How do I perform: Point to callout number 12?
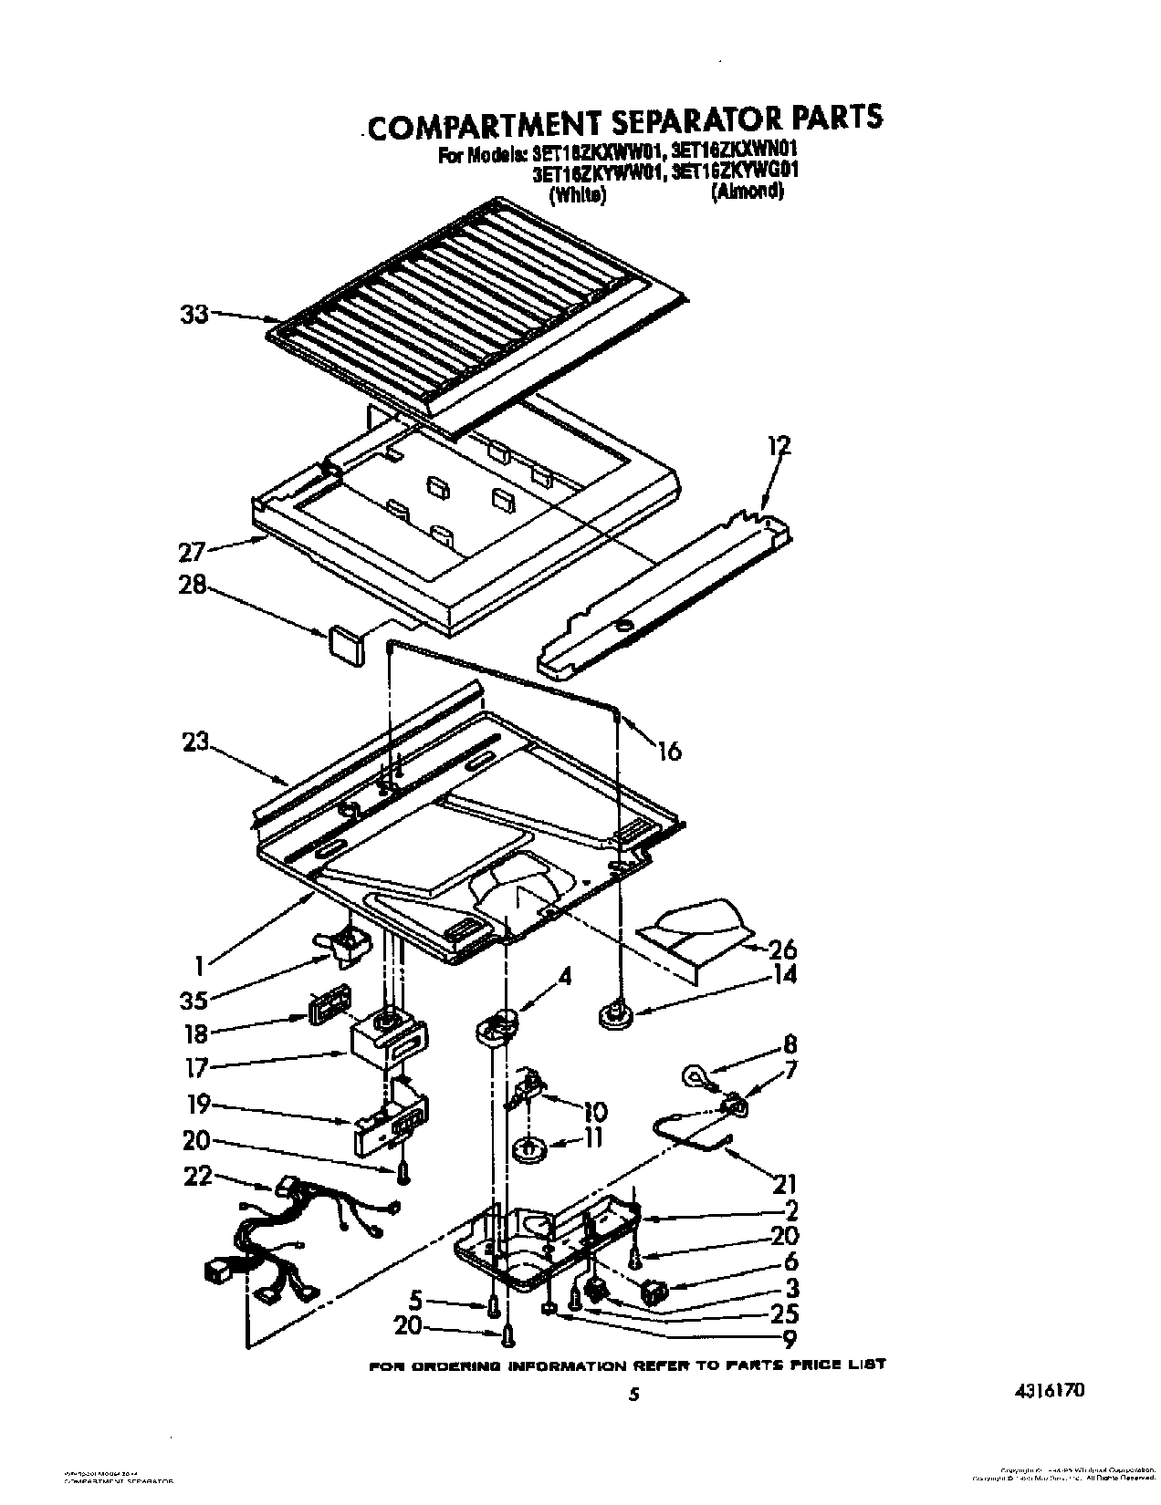point(779,446)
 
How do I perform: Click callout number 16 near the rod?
point(669,750)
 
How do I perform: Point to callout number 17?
point(195,1068)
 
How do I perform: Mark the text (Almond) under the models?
point(747,192)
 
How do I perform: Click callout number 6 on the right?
point(790,1261)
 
